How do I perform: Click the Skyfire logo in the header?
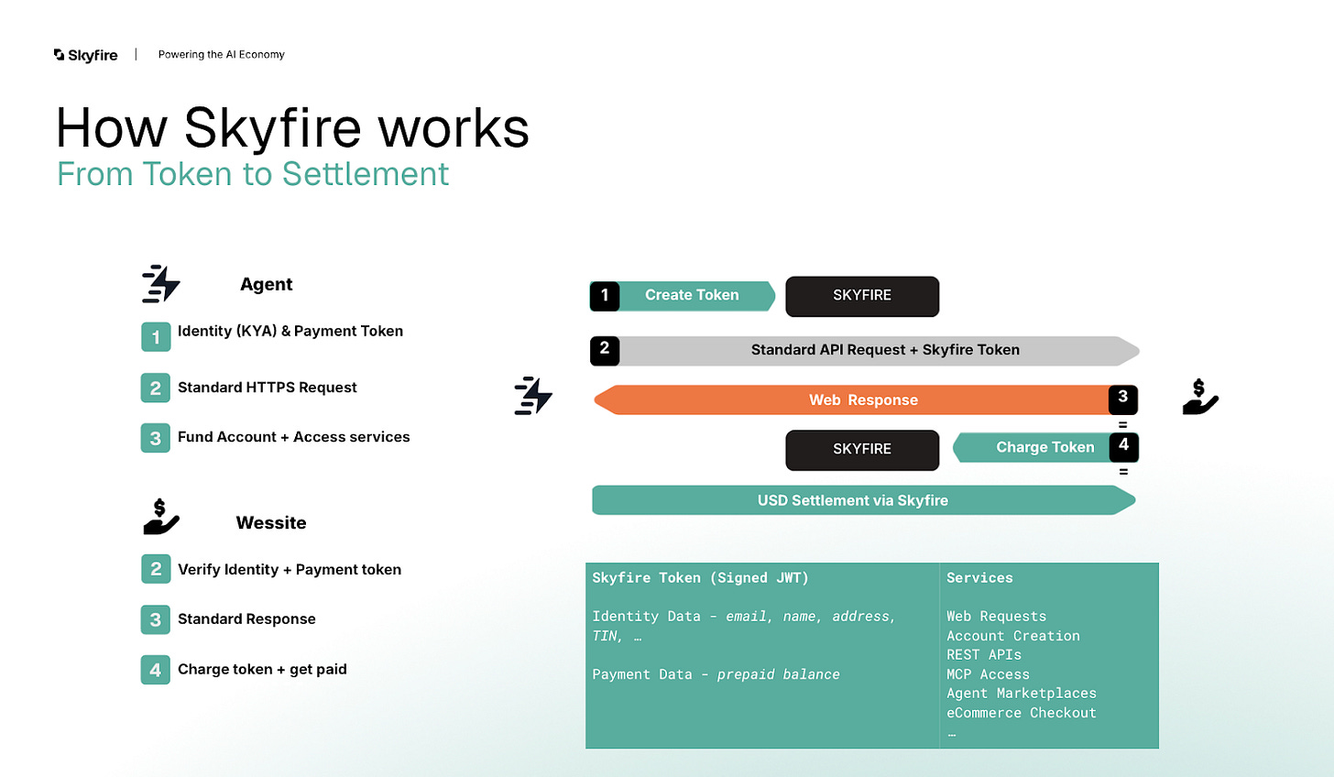[85, 55]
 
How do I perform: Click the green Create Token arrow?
[692, 295]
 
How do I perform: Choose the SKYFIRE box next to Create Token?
[862, 296]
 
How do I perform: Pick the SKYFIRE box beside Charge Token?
[862, 449]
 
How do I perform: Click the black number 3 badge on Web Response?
[1123, 398]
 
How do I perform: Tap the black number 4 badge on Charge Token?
[1123, 445]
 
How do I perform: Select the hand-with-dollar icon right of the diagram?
[1199, 397]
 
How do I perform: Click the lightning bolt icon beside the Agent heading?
[161, 284]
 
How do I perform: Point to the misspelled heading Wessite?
[271, 523]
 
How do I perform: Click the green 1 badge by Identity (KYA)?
[156, 336]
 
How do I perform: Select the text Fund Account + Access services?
[293, 437]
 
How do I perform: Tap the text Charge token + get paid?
[262, 670]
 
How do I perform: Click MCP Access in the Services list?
[988, 674]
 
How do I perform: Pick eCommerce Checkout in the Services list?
[1021, 713]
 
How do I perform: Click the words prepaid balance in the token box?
[778, 674]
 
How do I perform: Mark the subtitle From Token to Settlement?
[253, 174]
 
